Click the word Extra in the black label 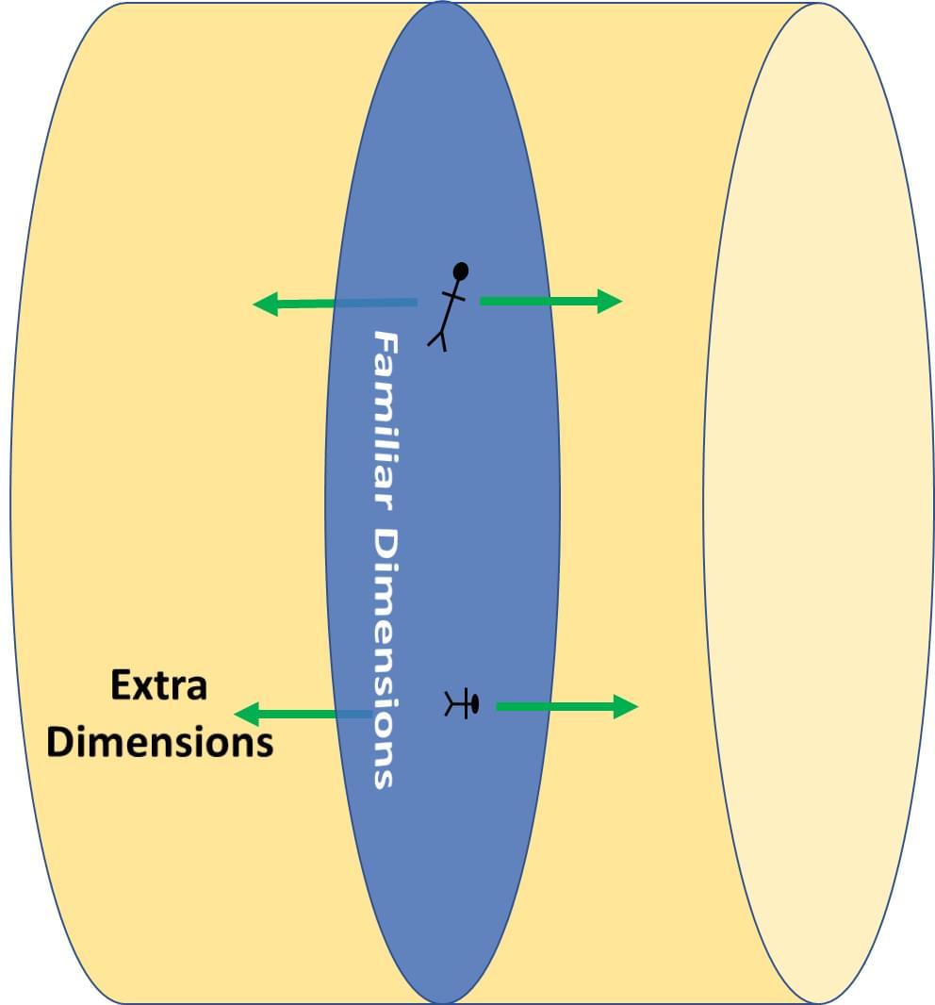click(158, 685)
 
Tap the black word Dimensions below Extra click(160, 742)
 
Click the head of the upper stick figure click(461, 272)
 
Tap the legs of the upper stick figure click(437, 337)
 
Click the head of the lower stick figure click(473, 703)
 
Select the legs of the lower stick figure click(453, 703)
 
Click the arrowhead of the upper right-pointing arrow click(610, 301)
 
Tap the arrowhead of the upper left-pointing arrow click(266, 304)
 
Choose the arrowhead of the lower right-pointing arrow click(626, 706)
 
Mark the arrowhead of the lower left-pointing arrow click(247, 713)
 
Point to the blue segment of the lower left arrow click(353, 714)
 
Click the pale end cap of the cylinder click(818, 502)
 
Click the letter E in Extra click(121, 685)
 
